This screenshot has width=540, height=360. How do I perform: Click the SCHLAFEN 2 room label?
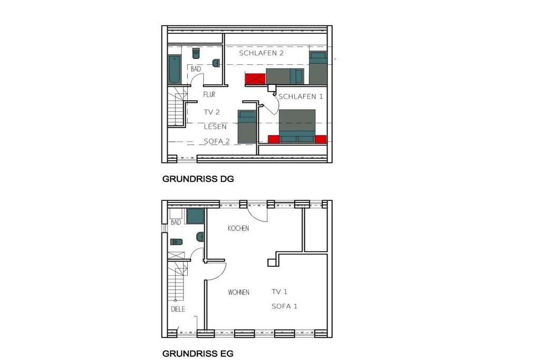click(x=262, y=53)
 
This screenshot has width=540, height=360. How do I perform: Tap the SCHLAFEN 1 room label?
click(x=301, y=96)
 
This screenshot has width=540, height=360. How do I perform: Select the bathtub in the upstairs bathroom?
click(x=174, y=69)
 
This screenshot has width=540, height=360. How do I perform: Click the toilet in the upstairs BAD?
click(x=196, y=53)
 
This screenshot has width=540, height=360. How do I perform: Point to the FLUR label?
click(x=209, y=94)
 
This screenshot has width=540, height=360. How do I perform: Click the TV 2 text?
click(x=211, y=112)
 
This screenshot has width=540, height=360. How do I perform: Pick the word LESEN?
click(x=215, y=127)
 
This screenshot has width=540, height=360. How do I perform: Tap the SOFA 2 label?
click(x=217, y=141)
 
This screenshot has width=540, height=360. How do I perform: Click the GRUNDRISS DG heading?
click(x=198, y=179)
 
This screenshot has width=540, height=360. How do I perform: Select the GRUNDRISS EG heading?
click(x=198, y=354)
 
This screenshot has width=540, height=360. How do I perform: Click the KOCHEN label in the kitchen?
click(x=238, y=228)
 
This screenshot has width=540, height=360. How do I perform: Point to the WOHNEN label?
click(x=238, y=292)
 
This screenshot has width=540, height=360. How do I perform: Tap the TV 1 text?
click(x=279, y=292)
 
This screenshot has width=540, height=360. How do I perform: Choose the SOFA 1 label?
click(x=284, y=306)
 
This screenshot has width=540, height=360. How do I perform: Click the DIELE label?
click(x=178, y=309)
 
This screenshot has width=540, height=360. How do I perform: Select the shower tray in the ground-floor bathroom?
click(x=195, y=216)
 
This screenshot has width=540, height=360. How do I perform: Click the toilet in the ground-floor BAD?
click(x=176, y=241)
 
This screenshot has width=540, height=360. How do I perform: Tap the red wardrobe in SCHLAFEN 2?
click(x=255, y=79)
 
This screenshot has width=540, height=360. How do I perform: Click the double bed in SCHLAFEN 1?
click(x=297, y=126)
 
